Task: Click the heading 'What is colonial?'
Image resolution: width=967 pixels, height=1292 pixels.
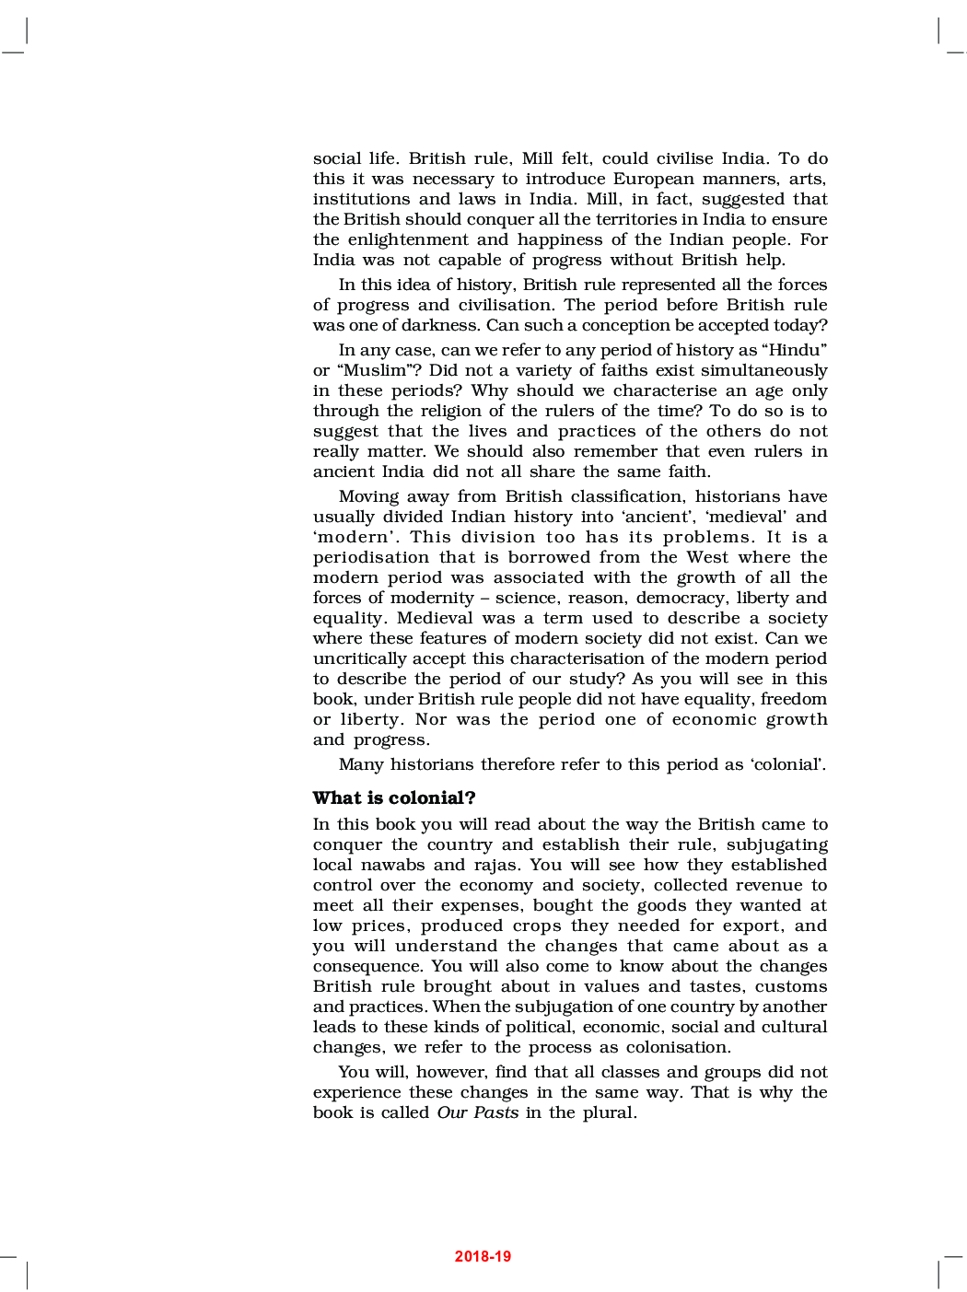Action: click(x=394, y=798)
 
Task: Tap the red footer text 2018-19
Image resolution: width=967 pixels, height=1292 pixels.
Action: click(x=483, y=1256)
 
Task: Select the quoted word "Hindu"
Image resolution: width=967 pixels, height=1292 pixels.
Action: click(x=798, y=350)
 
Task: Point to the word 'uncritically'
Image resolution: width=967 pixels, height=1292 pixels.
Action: click(x=359, y=658)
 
